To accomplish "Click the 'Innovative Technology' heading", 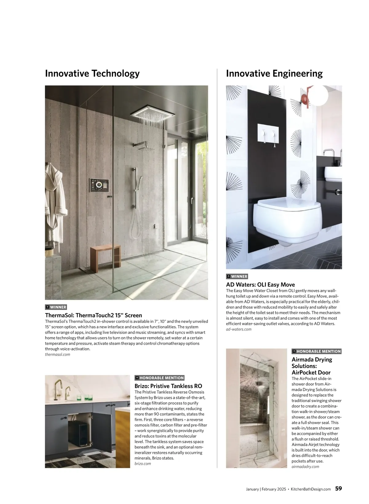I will pos(92,73).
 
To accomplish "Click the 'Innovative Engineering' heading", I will pos(274,73).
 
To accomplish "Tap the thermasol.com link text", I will pos(58,355).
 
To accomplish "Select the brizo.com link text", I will pos(143,464).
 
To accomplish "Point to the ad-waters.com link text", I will pos(239,329).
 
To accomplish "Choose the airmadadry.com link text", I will pos(305,467).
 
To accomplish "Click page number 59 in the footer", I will pos(338,489).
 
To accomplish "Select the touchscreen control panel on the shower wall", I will pos(99,185).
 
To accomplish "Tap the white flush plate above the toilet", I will pos(268,134).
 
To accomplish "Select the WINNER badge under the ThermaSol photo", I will pos(56,307).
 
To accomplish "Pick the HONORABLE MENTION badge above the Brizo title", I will pos(160,378).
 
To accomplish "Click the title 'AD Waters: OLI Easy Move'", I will pos(260,285).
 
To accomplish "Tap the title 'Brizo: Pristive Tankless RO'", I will pos(168,386).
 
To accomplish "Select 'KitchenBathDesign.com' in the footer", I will pos(311,489).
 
